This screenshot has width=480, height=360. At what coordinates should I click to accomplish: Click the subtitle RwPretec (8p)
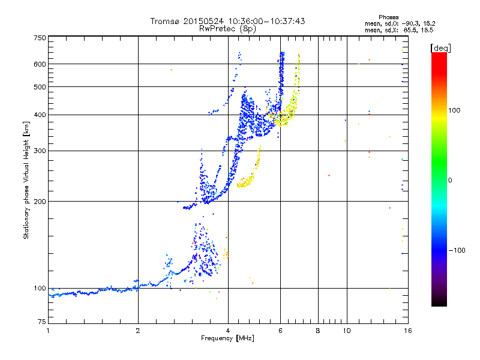(x=228, y=28)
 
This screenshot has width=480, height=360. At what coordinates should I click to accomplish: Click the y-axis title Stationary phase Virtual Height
(x=26, y=179)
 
